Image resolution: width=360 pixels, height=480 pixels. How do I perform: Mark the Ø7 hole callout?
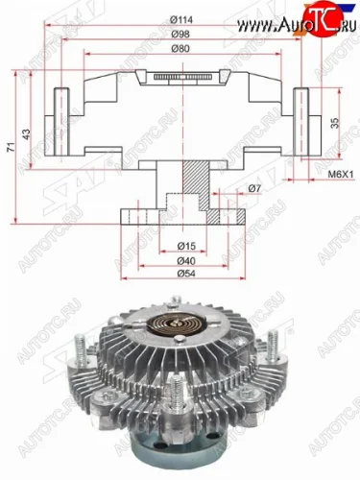253,189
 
